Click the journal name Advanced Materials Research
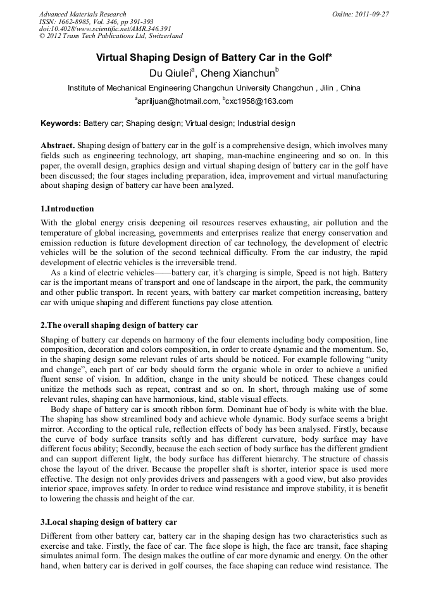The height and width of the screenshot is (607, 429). coord(82,14)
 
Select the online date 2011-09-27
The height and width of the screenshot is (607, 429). coord(373,14)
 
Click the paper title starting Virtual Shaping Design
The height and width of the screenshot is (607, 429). coord(214,58)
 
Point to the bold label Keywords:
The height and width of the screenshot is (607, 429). coord(61,123)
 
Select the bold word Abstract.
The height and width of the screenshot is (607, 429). coord(58,145)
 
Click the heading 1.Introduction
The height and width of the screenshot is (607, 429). coord(67,208)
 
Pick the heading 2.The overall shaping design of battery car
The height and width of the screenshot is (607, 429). coord(119,325)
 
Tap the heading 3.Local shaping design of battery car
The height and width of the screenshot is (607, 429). coord(109,522)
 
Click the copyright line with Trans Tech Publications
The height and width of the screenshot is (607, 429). coord(111,37)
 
